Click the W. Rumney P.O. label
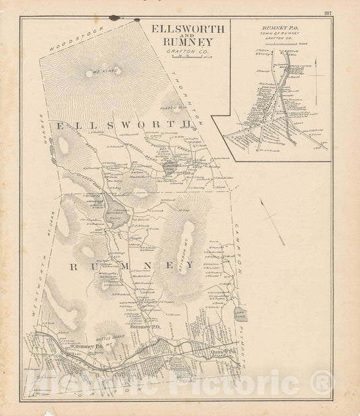click(x=86, y=347)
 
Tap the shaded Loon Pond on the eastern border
click(x=241, y=314)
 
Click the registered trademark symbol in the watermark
click(x=322, y=383)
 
